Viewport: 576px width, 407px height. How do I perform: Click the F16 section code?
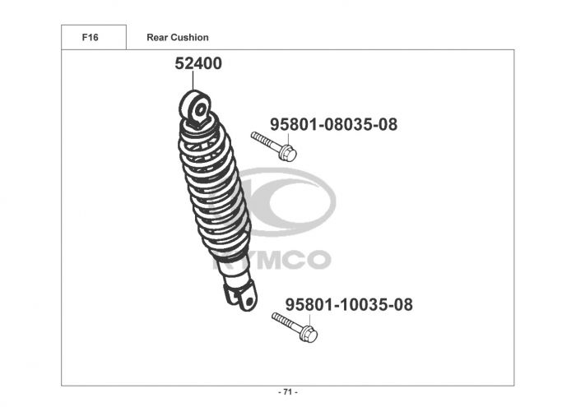tap(90, 38)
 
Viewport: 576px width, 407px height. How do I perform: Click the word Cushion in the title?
tap(190, 38)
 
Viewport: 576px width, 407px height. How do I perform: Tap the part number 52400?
tap(198, 63)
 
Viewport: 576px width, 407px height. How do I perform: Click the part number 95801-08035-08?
tap(333, 124)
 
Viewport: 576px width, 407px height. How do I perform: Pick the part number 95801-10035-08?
tap(349, 304)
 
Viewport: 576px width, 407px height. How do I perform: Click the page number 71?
tap(288, 392)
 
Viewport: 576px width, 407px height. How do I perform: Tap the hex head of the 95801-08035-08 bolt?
tap(287, 153)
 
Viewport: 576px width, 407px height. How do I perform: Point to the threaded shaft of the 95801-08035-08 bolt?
tap(265, 141)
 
